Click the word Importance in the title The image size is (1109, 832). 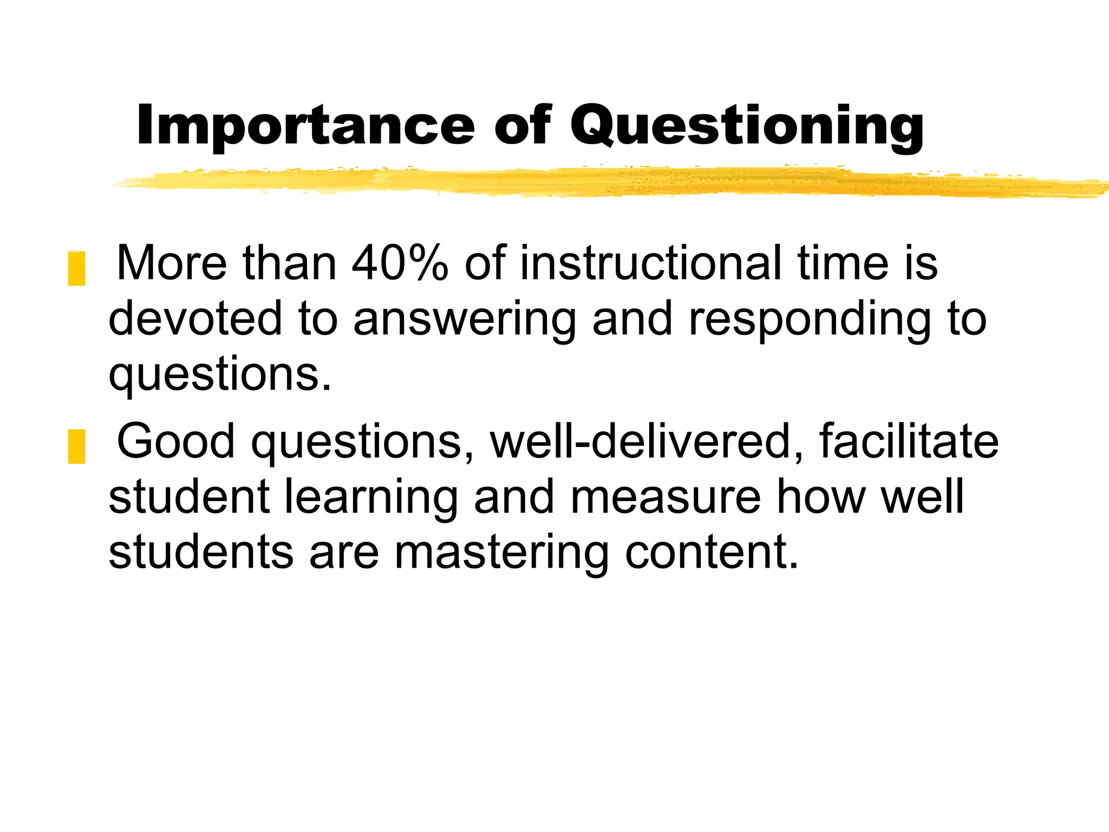[305, 126]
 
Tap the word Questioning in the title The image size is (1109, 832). [747, 126]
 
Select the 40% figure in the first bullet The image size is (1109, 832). [400, 263]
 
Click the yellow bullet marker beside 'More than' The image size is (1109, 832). [76, 268]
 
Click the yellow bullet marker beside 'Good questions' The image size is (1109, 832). [76, 446]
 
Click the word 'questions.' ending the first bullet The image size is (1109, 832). [220, 376]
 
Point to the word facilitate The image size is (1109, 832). [908, 442]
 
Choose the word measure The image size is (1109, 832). [666, 497]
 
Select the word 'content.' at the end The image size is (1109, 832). [712, 552]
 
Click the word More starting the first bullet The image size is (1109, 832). [172, 263]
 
